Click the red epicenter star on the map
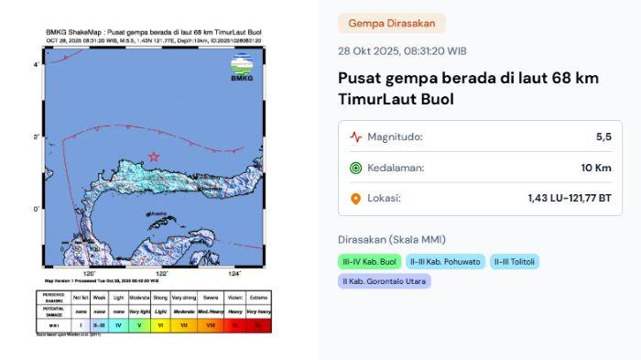click(x=154, y=157)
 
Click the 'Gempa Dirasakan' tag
click(x=392, y=23)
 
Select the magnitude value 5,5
click(x=603, y=136)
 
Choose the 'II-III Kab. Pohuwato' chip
click(x=444, y=262)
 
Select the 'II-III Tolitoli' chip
click(x=514, y=262)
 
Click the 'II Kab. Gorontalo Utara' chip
click(x=384, y=281)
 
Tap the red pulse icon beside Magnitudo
click(x=355, y=137)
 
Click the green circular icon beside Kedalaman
click(x=355, y=168)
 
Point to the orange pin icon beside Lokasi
click(x=355, y=198)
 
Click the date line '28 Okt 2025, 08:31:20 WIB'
click(x=402, y=51)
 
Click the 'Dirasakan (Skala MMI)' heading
click(x=391, y=239)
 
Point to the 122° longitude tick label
click(x=162, y=274)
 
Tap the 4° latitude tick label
click(x=36, y=65)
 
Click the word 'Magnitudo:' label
click(x=395, y=137)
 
